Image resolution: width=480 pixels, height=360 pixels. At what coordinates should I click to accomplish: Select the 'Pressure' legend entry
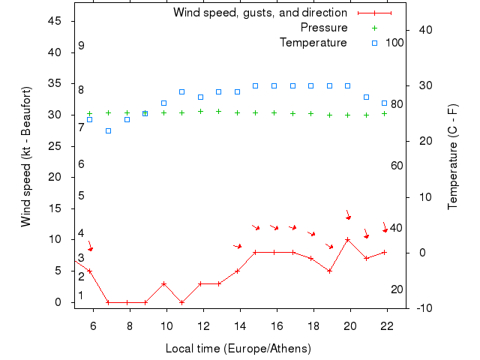coord(324,28)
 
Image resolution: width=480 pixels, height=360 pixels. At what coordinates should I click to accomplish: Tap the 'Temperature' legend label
coord(313,43)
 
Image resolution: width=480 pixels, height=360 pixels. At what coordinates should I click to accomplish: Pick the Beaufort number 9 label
coord(81,46)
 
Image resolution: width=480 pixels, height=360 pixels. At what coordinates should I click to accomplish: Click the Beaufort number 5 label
coord(81,196)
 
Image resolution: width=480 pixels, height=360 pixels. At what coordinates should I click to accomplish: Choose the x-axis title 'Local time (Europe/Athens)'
coord(238,349)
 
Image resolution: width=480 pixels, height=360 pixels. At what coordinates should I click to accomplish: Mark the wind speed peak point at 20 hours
coord(347,240)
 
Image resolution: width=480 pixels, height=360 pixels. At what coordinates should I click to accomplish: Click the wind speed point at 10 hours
coord(163,284)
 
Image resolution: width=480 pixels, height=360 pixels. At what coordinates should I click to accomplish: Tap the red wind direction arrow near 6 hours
coord(90,246)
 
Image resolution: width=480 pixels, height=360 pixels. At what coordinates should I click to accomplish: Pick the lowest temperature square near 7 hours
coord(108,130)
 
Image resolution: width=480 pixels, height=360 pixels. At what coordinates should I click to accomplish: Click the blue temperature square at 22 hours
coord(384,103)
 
